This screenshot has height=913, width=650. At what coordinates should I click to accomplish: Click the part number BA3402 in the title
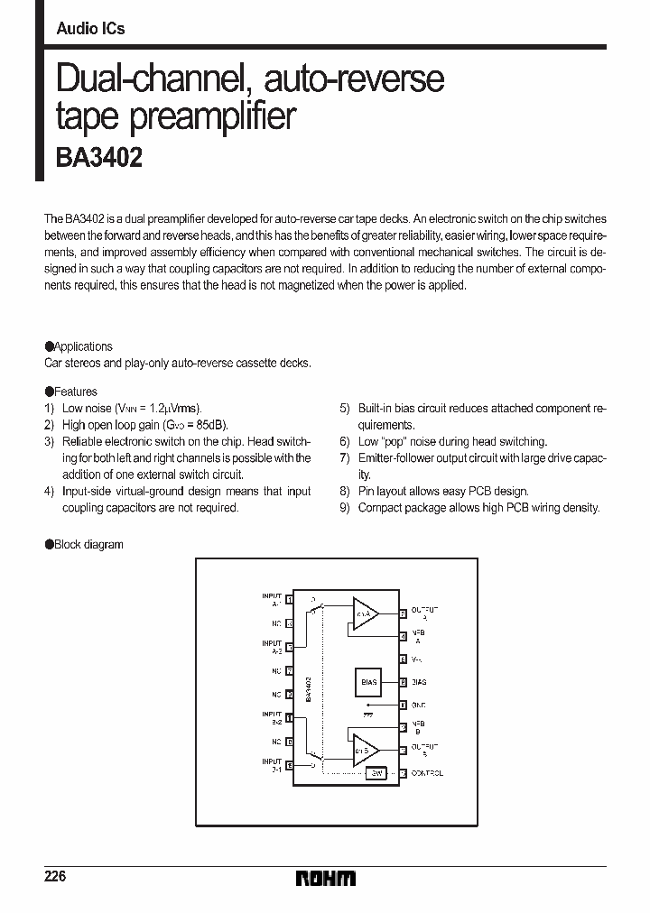click(x=99, y=157)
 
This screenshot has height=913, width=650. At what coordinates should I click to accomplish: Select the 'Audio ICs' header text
click(x=90, y=29)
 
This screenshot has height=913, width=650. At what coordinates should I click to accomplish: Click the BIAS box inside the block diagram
click(x=368, y=682)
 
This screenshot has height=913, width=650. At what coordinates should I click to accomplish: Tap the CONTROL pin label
click(x=426, y=773)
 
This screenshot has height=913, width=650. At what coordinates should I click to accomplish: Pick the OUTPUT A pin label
click(x=424, y=613)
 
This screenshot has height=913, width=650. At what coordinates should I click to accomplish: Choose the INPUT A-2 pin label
click(x=272, y=647)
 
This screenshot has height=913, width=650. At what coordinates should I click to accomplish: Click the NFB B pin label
click(x=418, y=727)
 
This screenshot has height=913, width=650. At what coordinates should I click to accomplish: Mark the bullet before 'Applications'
click(x=49, y=346)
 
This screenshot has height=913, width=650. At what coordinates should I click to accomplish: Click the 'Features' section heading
click(x=75, y=392)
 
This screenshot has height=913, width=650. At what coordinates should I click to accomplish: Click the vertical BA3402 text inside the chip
click(x=308, y=689)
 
